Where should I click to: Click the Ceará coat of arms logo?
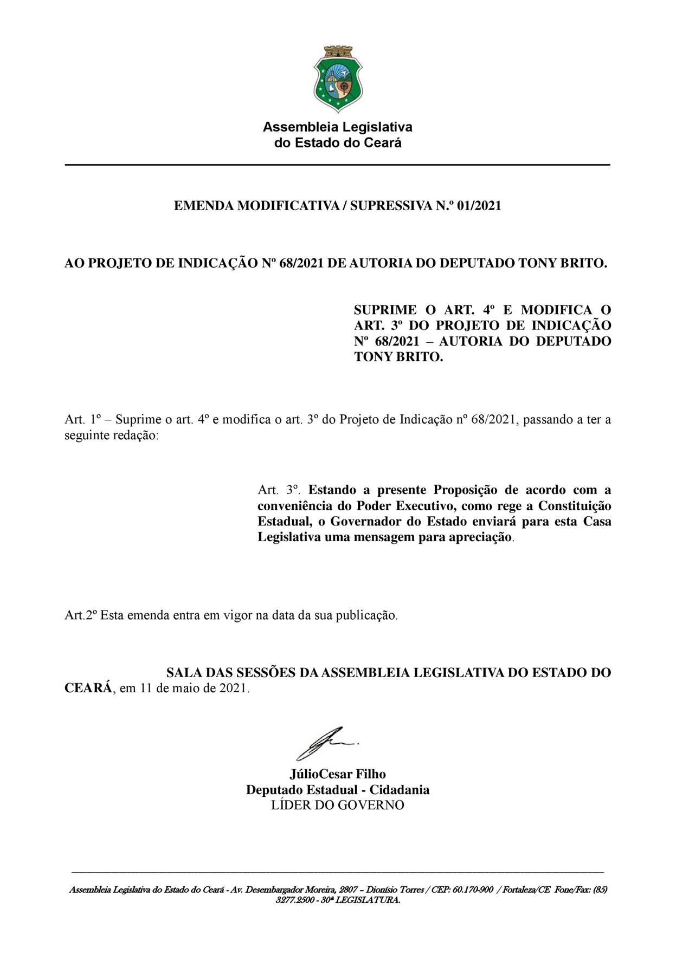[338, 79]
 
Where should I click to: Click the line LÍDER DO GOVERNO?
[337, 805]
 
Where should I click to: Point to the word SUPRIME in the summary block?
[385, 310]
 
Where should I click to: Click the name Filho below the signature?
[370, 774]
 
